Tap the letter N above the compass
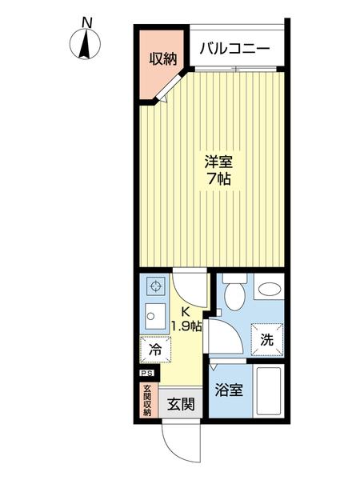click(x=86, y=22)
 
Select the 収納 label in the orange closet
click(x=162, y=58)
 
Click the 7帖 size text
click(x=217, y=180)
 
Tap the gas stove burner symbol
click(x=155, y=286)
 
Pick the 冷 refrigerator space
click(x=155, y=350)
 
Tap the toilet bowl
click(x=234, y=295)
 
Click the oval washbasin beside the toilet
click(x=269, y=290)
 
